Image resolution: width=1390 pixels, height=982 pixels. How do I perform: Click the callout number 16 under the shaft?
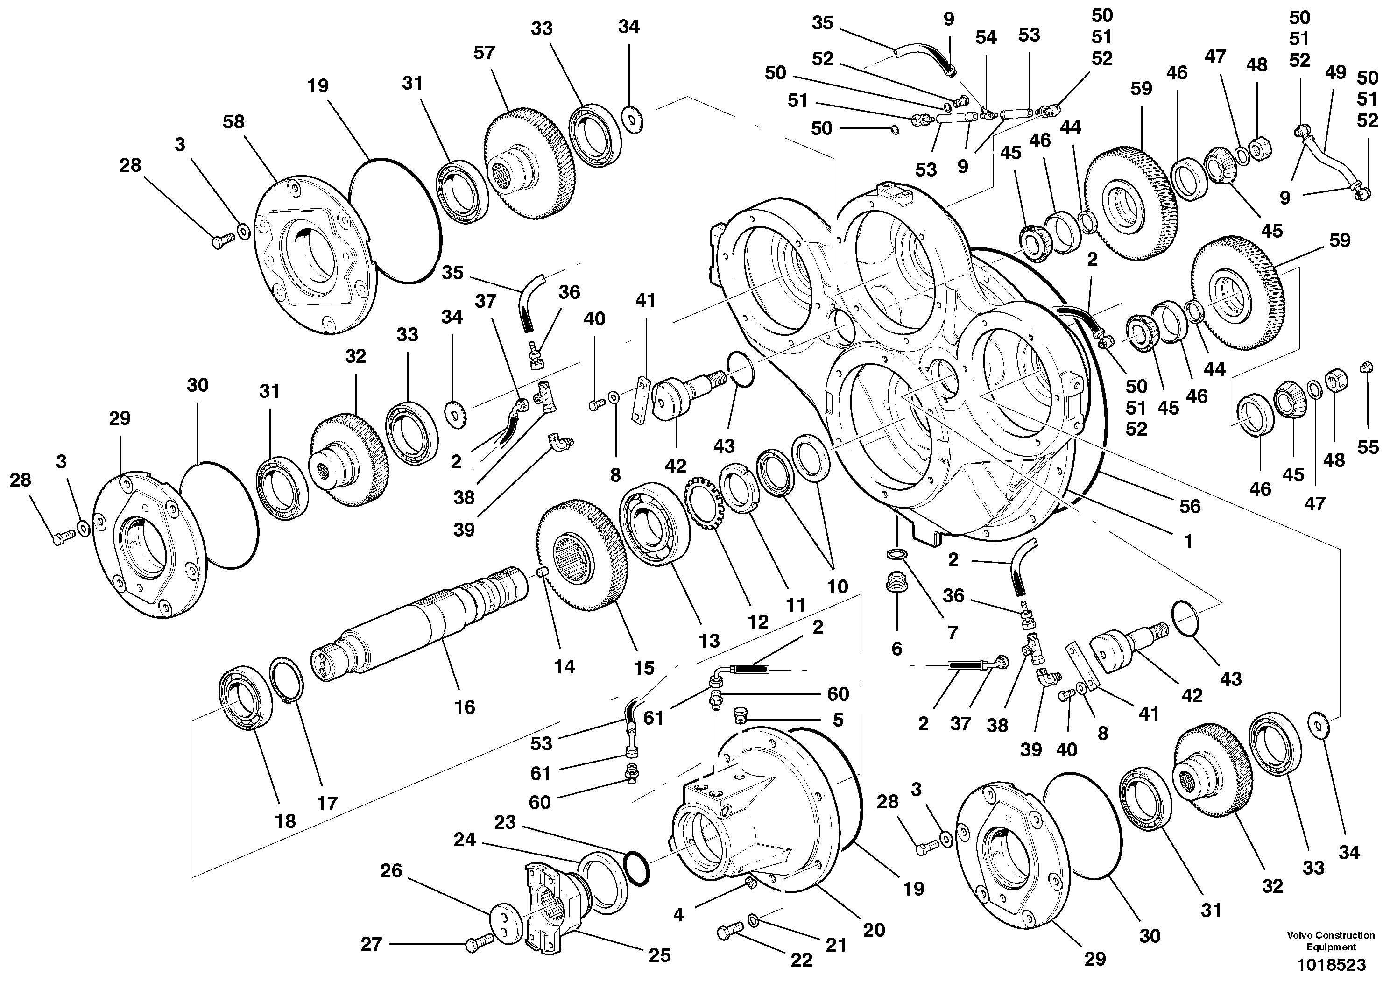pos(464,706)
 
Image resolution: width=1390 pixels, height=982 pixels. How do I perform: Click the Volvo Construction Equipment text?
pos(1330,941)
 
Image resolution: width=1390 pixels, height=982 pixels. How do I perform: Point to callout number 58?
pos(233,122)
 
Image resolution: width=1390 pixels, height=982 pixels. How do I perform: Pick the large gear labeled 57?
pos(527,161)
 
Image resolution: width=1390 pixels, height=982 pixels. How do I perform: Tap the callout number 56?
pos(1190,506)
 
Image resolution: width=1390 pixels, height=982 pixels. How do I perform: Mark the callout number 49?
pos(1335,73)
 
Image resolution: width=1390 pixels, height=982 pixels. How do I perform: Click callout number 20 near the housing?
pos(874,929)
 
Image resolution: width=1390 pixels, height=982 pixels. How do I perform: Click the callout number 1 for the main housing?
pos(1188,541)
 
